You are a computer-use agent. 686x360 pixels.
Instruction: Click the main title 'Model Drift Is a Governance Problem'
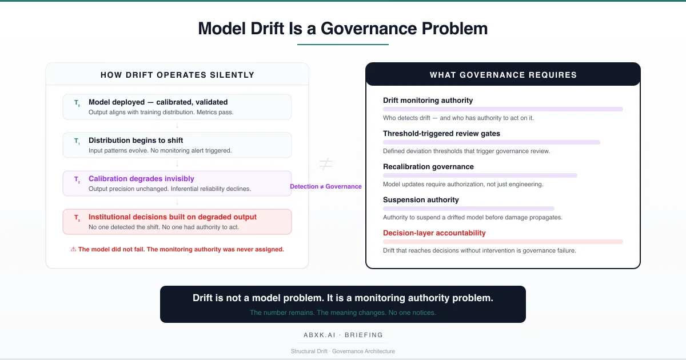343,29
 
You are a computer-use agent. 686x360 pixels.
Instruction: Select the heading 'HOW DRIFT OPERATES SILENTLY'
177,75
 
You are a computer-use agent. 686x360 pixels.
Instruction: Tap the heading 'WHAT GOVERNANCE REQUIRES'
503,75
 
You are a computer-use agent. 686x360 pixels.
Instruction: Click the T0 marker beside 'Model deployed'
77,103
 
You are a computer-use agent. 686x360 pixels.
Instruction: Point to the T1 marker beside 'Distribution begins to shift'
77,141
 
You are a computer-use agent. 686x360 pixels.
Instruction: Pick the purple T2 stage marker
77,179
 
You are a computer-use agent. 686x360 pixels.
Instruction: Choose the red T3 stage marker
77,218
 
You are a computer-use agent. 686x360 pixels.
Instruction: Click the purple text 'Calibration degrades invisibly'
141,179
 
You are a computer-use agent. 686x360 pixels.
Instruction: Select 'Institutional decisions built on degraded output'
173,217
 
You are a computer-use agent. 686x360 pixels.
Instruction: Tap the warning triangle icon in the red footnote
73,249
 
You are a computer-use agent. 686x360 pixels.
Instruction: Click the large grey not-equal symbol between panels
325,165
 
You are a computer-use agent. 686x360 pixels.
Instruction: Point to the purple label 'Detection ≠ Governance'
325,186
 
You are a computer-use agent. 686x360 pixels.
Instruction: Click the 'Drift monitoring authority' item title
428,101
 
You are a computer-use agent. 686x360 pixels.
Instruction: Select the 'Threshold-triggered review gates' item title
441,134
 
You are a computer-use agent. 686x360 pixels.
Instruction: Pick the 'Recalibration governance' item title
428,167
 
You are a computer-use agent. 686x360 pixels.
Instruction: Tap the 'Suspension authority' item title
421,200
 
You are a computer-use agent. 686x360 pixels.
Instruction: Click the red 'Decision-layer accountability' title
434,233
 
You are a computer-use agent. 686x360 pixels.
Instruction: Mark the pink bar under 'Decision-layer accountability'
503,242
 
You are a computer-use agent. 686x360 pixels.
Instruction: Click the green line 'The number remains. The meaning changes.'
343,313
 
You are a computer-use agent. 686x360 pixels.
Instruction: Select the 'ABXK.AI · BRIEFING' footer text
343,335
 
